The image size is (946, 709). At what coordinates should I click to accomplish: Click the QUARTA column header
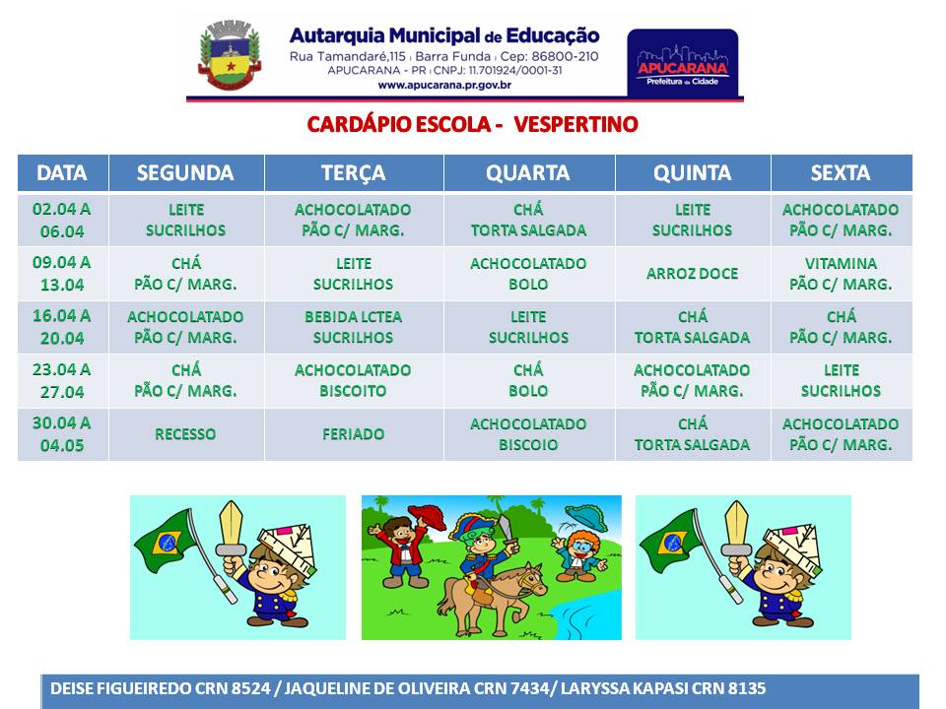pos(528,173)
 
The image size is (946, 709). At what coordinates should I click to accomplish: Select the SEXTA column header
pos(841,173)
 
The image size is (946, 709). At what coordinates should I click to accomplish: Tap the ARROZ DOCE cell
pos(692,274)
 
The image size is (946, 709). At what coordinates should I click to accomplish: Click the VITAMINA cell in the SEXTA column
pos(841,274)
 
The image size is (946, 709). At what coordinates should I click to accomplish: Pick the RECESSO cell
pos(185,434)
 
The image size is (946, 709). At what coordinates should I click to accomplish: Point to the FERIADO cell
pos(354,434)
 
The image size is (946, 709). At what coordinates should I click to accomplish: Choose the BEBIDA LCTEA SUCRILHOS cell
pos(354,327)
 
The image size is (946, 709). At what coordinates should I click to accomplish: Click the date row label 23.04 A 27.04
pos(62,380)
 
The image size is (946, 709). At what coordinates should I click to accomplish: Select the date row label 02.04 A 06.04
pos(62,220)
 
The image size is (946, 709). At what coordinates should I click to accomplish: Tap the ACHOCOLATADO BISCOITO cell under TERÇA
pos(354,380)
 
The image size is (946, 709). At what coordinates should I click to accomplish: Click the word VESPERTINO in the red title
pos(575,124)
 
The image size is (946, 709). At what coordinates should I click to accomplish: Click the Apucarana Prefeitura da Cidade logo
pos(682,63)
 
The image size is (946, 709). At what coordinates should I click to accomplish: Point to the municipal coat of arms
pos(230,55)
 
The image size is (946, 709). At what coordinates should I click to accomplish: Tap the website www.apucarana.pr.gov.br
pos(444,85)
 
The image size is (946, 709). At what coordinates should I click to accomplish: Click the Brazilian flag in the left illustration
pos(165,541)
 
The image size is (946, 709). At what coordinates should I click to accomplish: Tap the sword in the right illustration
pos(737,528)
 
